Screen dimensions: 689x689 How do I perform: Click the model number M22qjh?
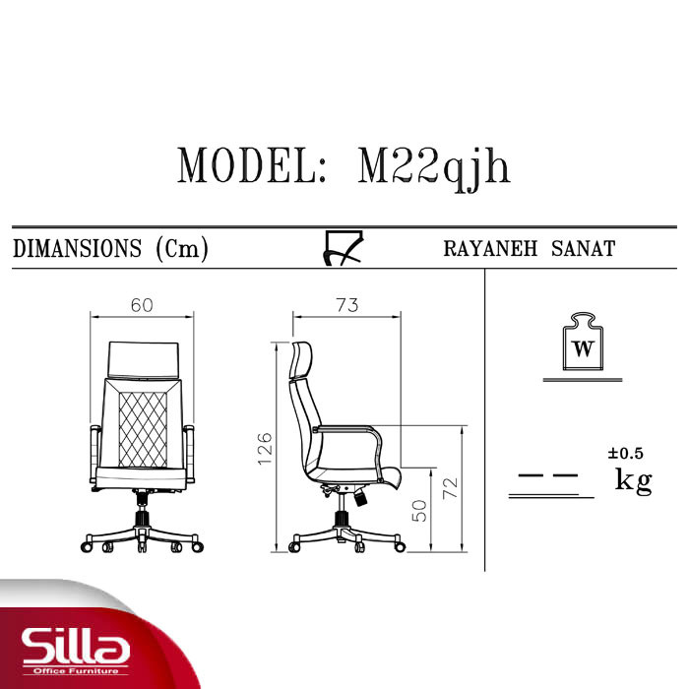click(x=434, y=168)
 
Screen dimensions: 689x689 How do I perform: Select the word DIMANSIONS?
click(x=78, y=248)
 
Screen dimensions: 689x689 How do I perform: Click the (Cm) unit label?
click(x=182, y=249)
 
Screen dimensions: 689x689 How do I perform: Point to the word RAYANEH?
click(x=490, y=249)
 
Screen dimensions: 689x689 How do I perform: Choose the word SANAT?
click(x=583, y=249)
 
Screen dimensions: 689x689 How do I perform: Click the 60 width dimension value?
click(x=142, y=305)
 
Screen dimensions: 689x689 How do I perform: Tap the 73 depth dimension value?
click(x=347, y=305)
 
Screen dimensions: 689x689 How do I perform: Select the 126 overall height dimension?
click(x=265, y=449)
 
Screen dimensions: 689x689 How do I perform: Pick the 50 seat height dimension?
click(x=419, y=511)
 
